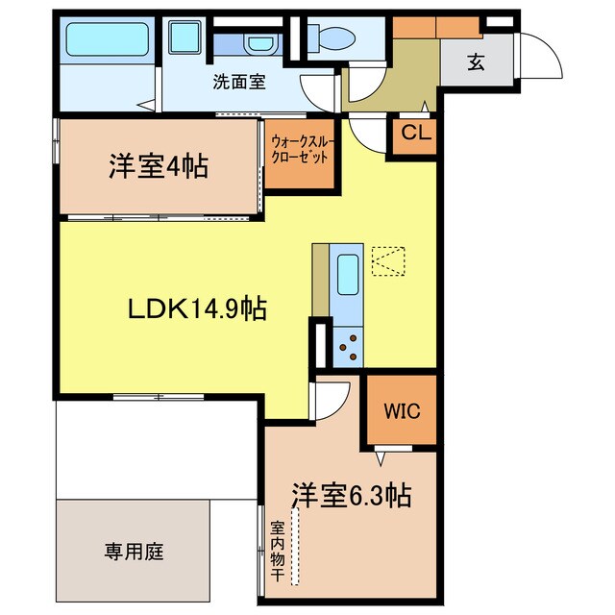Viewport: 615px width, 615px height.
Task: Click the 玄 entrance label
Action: [475, 64]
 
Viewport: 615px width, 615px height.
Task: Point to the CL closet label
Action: [415, 134]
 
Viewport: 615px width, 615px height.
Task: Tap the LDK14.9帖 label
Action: [198, 309]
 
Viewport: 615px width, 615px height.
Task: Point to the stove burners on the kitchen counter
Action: [346, 346]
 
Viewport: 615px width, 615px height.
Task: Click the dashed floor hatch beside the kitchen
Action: [388, 261]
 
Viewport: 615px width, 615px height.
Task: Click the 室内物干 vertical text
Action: [277, 550]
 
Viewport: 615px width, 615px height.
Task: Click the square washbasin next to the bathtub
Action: [184, 39]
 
